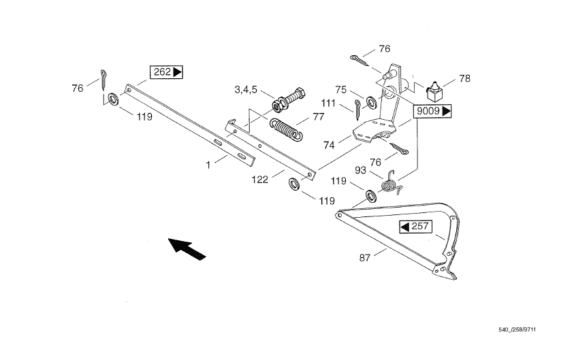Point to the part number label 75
pos(341,88)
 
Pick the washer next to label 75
pos(372,103)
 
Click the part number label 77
pos(318,116)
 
